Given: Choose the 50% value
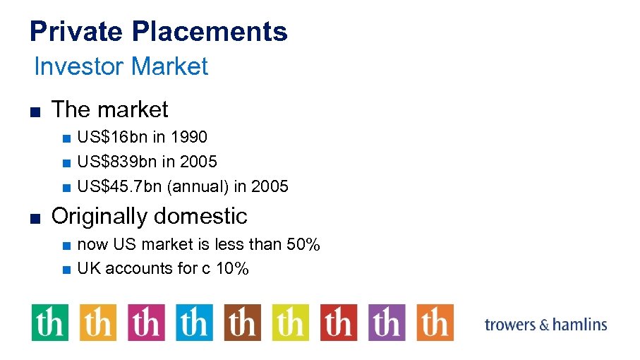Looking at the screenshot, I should point(303,245).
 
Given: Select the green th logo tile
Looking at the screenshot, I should point(49,323).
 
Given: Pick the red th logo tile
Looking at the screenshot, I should point(339,323).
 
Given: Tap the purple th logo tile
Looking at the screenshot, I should point(387,323).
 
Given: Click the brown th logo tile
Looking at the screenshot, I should point(242,323).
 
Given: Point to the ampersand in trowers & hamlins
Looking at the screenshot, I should point(543,325).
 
